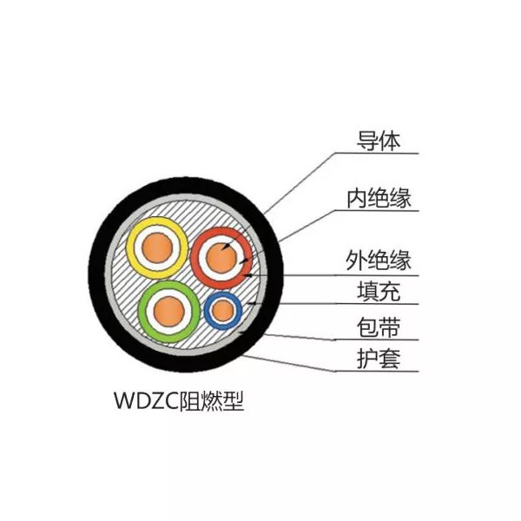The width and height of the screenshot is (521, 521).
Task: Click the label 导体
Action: [x=379, y=141]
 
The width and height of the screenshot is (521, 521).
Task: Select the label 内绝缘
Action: [x=379, y=198]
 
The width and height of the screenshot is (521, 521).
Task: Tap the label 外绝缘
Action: [x=379, y=260]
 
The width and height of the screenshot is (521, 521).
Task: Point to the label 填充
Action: [x=379, y=291]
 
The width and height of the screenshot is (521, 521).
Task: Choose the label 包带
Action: [x=379, y=327]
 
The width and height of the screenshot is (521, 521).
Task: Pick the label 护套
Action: [x=379, y=359]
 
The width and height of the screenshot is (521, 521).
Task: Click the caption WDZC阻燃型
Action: [x=179, y=400]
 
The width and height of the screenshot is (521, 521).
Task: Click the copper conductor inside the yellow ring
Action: [x=157, y=248]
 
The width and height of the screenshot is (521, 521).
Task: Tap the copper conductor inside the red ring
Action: [x=221, y=258]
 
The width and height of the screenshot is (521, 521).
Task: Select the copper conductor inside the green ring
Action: [x=169, y=312]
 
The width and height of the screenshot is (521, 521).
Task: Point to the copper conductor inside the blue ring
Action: [x=222, y=311]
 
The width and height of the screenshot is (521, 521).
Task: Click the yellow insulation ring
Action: [x=130, y=248]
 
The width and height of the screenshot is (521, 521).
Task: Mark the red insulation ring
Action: [x=195, y=258]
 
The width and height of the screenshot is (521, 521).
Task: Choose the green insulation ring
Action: [x=142, y=312]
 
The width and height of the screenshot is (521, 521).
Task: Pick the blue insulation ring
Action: [x=207, y=311]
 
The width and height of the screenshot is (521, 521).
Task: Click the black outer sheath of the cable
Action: [x=97, y=274]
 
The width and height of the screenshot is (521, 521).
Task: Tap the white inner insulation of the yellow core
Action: [x=138, y=248]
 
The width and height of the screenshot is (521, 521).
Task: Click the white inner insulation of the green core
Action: [x=149, y=312]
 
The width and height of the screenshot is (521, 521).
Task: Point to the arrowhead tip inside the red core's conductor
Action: [x=221, y=249]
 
